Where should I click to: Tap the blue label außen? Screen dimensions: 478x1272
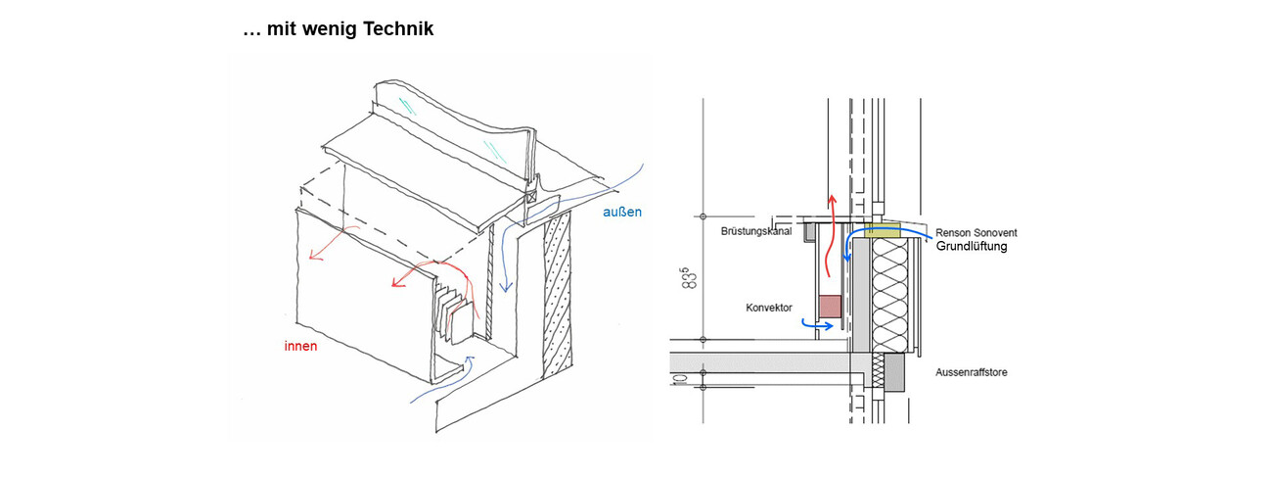[622, 212]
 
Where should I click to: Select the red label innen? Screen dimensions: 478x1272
[300, 346]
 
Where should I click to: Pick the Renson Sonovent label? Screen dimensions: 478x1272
[977, 232]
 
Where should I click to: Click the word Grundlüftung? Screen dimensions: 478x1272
[971, 247]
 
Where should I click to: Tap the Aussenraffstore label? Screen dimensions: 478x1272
[972, 372]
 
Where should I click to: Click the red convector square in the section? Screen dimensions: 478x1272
[829, 307]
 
